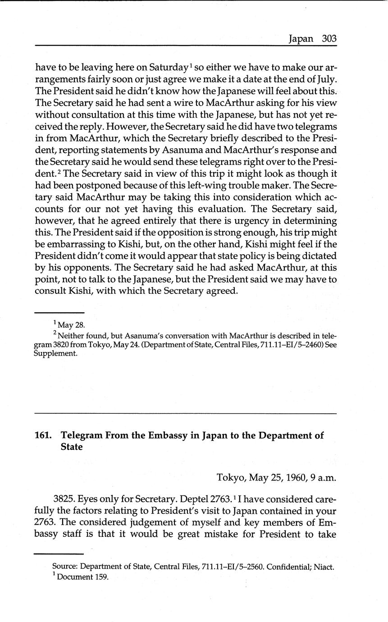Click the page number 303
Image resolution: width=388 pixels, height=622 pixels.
click(329, 39)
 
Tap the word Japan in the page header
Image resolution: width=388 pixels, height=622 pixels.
click(301, 39)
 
